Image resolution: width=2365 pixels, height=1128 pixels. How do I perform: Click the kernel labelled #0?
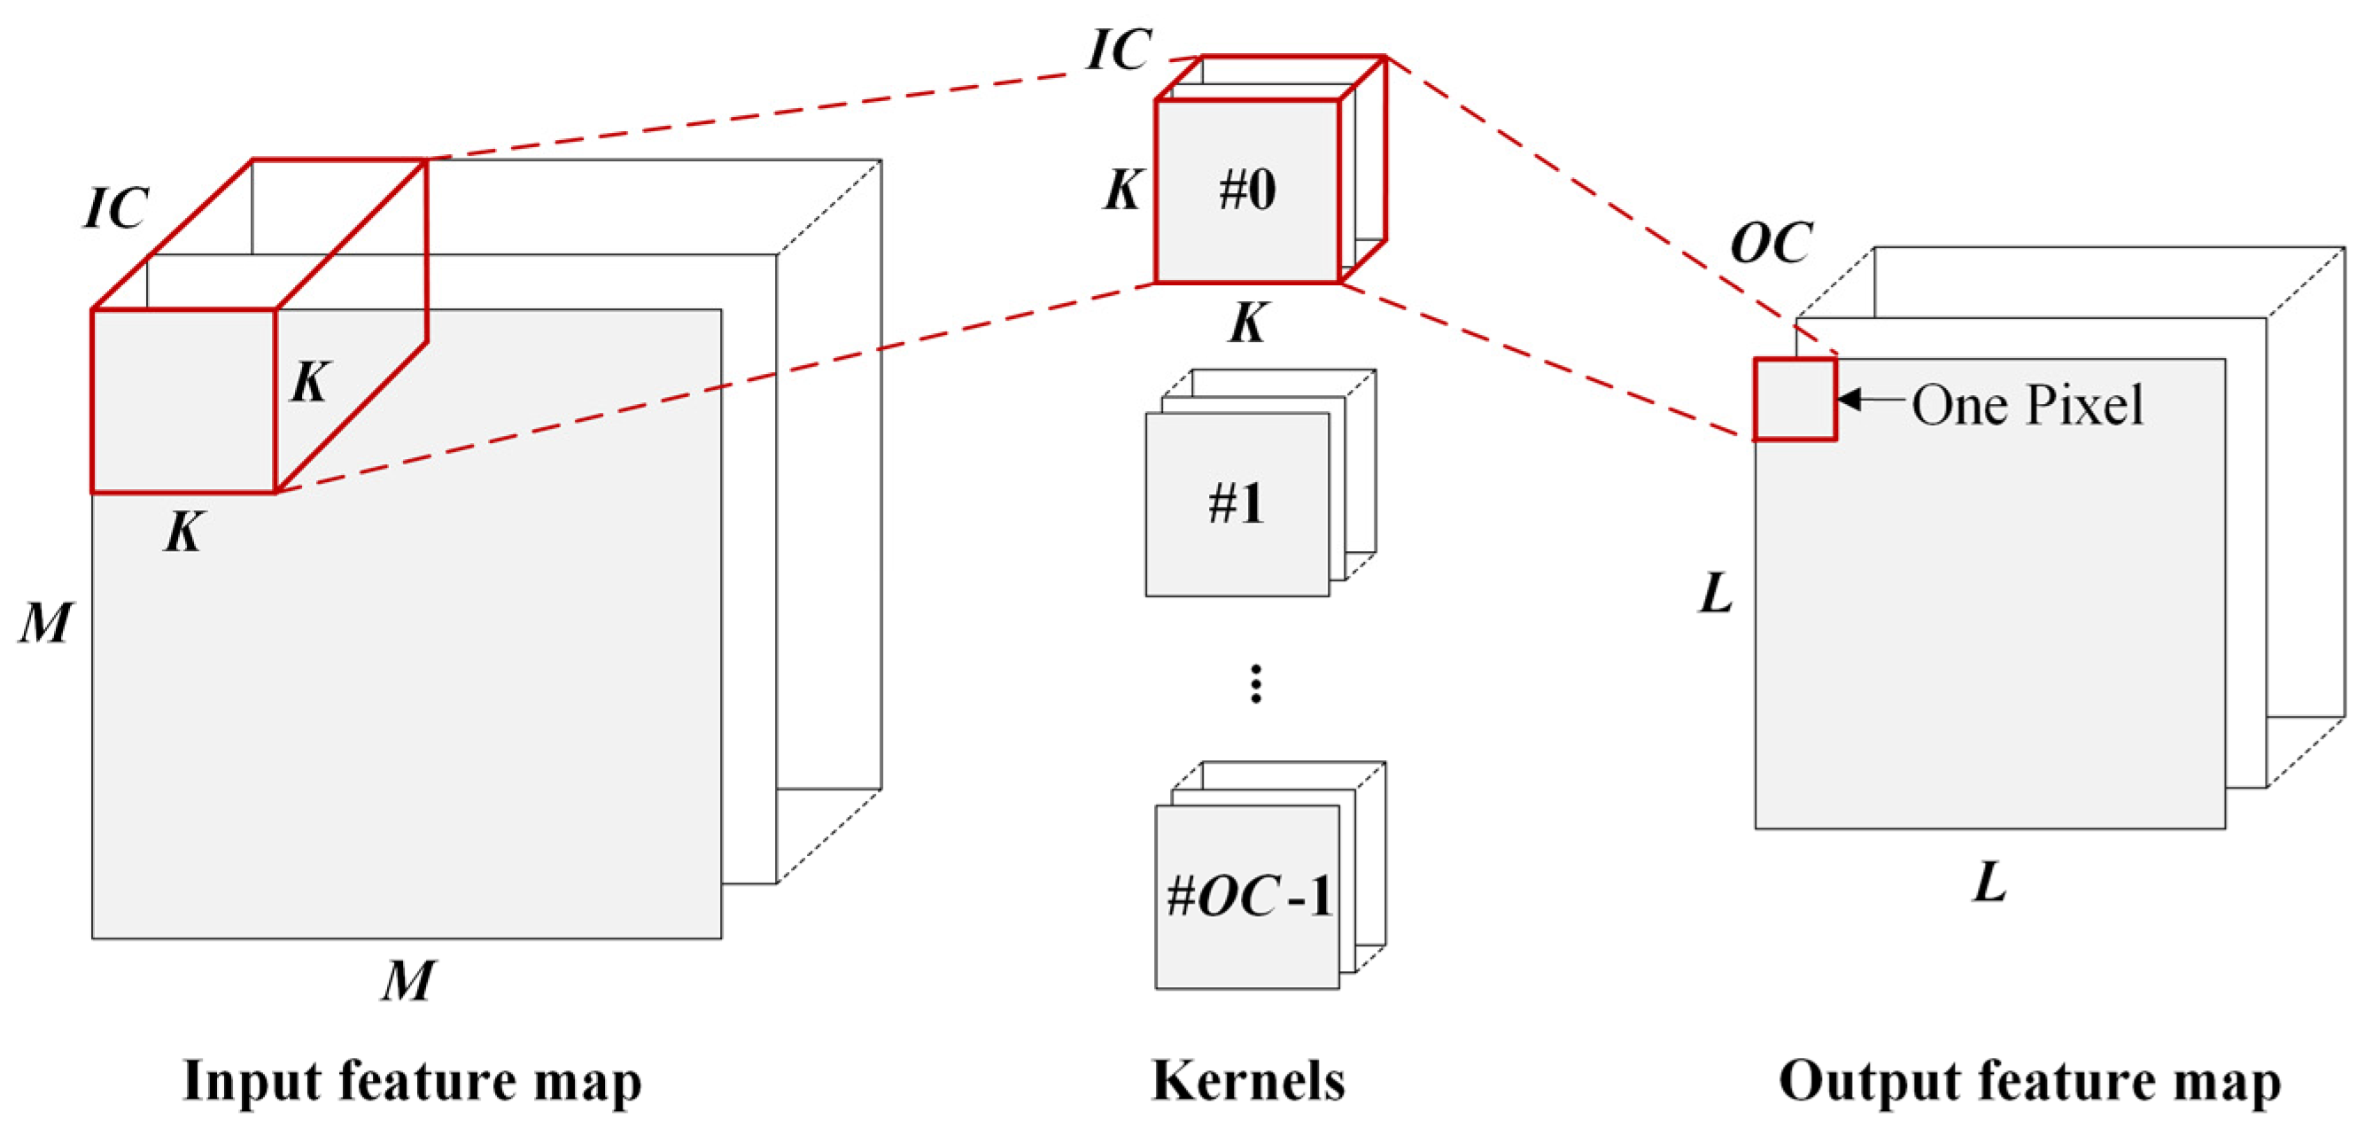[x=1246, y=191]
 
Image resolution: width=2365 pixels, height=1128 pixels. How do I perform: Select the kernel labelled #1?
[x=1236, y=504]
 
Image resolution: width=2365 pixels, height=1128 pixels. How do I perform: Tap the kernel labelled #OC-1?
[x=1246, y=896]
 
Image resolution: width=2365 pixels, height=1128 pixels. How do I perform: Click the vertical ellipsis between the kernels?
[x=1255, y=684]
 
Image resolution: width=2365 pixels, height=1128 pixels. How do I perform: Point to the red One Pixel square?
[x=1794, y=400]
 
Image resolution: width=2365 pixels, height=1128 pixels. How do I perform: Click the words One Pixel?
[x=2028, y=404]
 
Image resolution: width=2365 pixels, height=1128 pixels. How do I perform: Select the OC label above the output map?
[x=1771, y=244]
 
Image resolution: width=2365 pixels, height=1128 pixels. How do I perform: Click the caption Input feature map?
[x=412, y=1080]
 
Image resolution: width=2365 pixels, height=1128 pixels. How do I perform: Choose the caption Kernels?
[x=1248, y=1080]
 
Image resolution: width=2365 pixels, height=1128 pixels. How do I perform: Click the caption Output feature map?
[x=2029, y=1080]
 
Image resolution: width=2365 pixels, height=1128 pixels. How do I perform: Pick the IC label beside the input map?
[x=116, y=207]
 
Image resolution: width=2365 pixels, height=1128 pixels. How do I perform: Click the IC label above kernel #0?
[x=1118, y=49]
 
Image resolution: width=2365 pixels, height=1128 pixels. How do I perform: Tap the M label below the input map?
[x=407, y=980]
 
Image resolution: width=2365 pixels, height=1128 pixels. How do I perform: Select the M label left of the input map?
[x=44, y=623]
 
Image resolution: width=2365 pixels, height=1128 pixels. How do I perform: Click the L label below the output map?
[x=1989, y=883]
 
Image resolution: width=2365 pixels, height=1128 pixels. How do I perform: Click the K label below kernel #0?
[x=1248, y=323]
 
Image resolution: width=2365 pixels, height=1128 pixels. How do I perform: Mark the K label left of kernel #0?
[x=1122, y=191]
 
